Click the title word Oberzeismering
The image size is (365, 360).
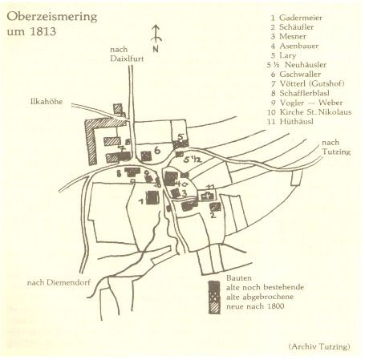coord(52,18)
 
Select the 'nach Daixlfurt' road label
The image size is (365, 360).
coord(127,54)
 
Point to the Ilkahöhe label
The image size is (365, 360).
coord(47,102)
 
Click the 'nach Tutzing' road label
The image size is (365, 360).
coord(336,147)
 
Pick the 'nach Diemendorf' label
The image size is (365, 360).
coord(59,282)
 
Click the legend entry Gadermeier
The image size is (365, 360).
coord(301,18)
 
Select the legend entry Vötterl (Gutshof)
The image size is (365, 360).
coord(312,83)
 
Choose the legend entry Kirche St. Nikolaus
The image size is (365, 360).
coord(315,112)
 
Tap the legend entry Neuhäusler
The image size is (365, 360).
coord(306,65)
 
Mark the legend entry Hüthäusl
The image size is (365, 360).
coord(297,122)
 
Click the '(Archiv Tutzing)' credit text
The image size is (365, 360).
coord(319,346)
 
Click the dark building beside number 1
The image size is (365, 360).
coord(152,198)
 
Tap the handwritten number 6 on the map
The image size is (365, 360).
coord(157,151)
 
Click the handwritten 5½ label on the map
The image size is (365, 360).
coord(192,160)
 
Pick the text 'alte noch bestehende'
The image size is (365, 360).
coord(266,287)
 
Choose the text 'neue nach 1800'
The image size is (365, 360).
coord(255,306)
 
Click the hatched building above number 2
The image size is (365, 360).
coord(215,207)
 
